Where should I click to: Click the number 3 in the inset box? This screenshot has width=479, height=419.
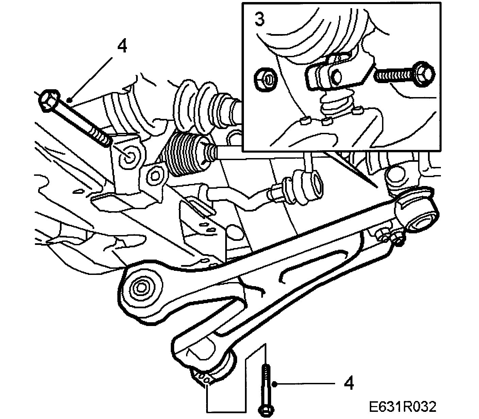tap(259, 20)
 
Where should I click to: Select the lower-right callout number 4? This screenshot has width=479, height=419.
tap(348, 384)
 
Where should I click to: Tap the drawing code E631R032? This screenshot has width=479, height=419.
tap(402, 406)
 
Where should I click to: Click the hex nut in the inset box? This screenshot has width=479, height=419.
tap(266, 79)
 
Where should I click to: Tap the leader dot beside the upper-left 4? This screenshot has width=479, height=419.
tap(69, 100)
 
